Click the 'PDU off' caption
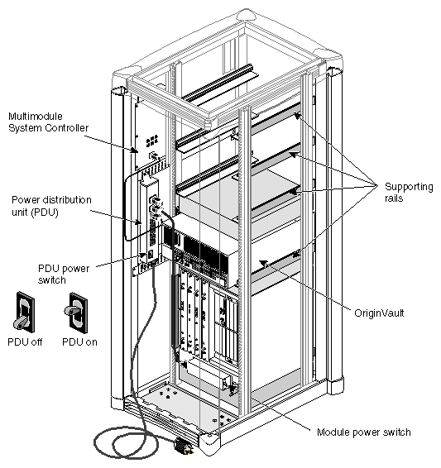(26, 340)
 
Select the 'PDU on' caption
(79, 340)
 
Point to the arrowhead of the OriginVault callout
(260, 262)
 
